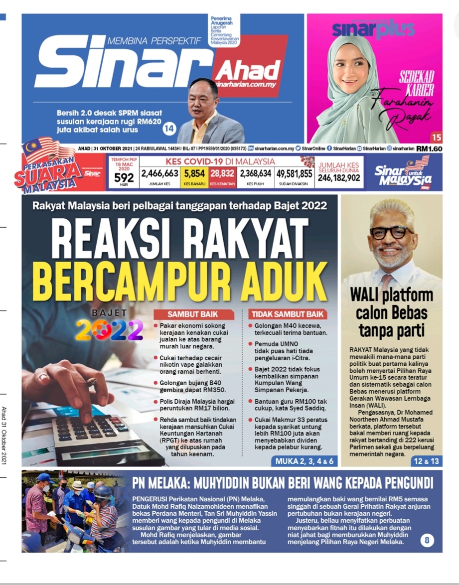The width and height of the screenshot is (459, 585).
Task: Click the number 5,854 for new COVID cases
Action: (x=194, y=173)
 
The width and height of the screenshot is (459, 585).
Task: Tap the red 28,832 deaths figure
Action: (x=222, y=173)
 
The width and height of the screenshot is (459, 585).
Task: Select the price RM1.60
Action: (x=429, y=148)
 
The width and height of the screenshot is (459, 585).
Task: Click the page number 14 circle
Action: (x=169, y=129)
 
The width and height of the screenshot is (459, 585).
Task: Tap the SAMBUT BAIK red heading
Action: (x=193, y=314)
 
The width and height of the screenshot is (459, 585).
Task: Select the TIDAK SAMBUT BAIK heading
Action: (x=288, y=314)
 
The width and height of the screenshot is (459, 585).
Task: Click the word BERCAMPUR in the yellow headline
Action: (x=119, y=282)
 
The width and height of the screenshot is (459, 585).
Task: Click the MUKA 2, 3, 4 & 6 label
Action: (x=304, y=461)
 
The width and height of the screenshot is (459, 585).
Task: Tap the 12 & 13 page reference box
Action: (x=427, y=461)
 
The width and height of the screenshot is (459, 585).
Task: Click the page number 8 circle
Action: (x=427, y=540)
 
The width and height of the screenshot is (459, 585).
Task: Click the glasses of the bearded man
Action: (x=391, y=232)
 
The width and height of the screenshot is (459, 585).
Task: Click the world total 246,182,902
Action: (x=339, y=177)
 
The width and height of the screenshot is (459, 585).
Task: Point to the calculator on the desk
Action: (x=95, y=436)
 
